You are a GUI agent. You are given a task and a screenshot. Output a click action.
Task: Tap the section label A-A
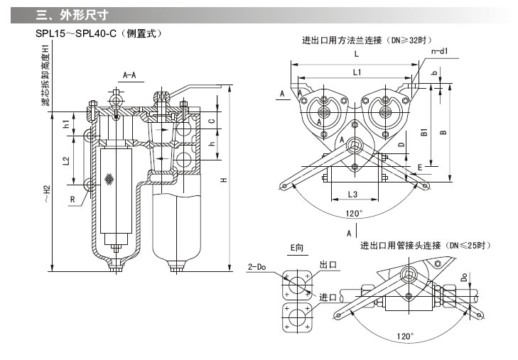click(x=129, y=75)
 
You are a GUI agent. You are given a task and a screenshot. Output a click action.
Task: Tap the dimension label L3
click(x=354, y=194)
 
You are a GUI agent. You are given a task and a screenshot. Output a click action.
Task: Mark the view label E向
click(x=296, y=248)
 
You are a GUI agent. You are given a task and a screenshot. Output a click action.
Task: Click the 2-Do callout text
click(x=257, y=267)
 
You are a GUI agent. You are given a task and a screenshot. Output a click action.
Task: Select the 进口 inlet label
click(x=328, y=297)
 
